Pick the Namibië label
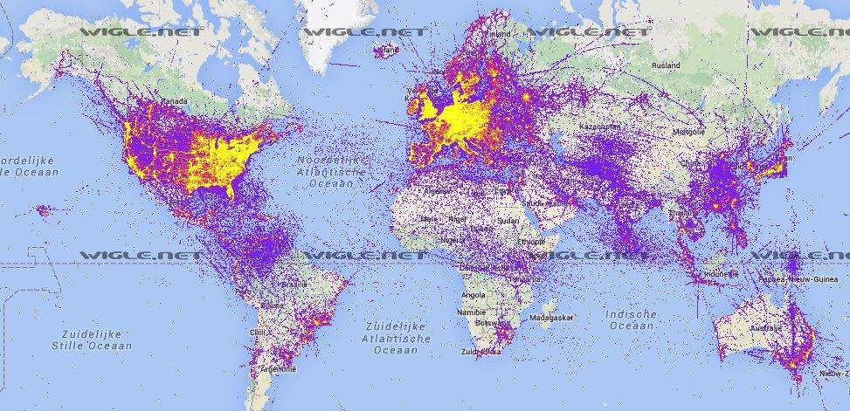click(473, 311)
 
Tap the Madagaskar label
click(556, 319)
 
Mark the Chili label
click(256, 332)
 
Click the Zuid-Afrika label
click(481, 352)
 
